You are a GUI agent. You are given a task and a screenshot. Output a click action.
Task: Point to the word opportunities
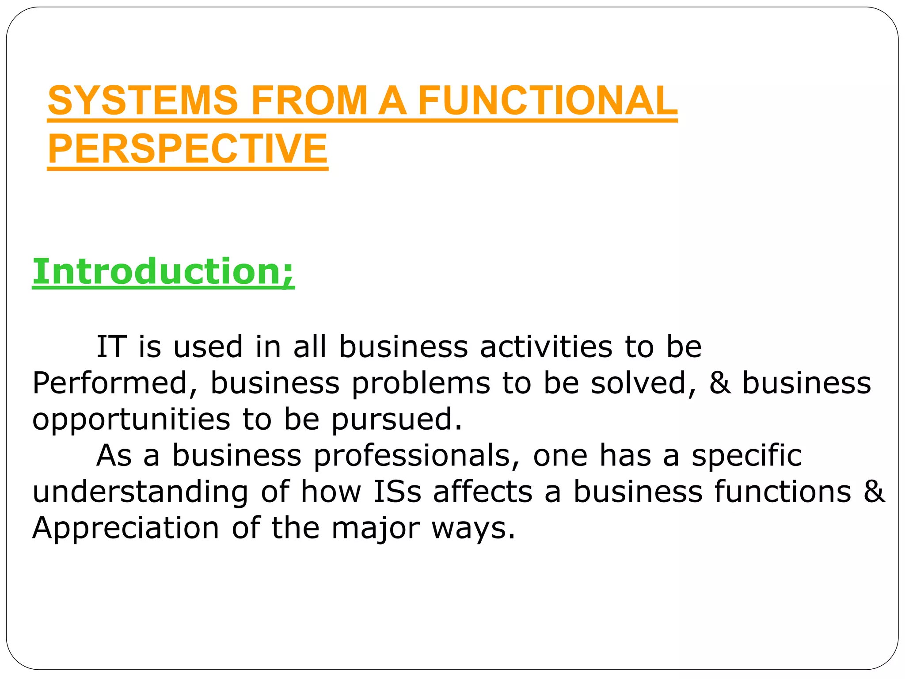(x=131, y=419)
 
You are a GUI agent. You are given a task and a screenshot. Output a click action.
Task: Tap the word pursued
(x=396, y=419)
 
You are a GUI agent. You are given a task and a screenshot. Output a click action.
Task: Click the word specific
(x=746, y=455)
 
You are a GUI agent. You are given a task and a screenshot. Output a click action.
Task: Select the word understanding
(x=141, y=492)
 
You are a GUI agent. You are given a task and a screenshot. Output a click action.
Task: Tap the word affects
(x=483, y=492)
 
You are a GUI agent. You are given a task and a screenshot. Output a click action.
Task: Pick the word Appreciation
(x=125, y=528)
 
